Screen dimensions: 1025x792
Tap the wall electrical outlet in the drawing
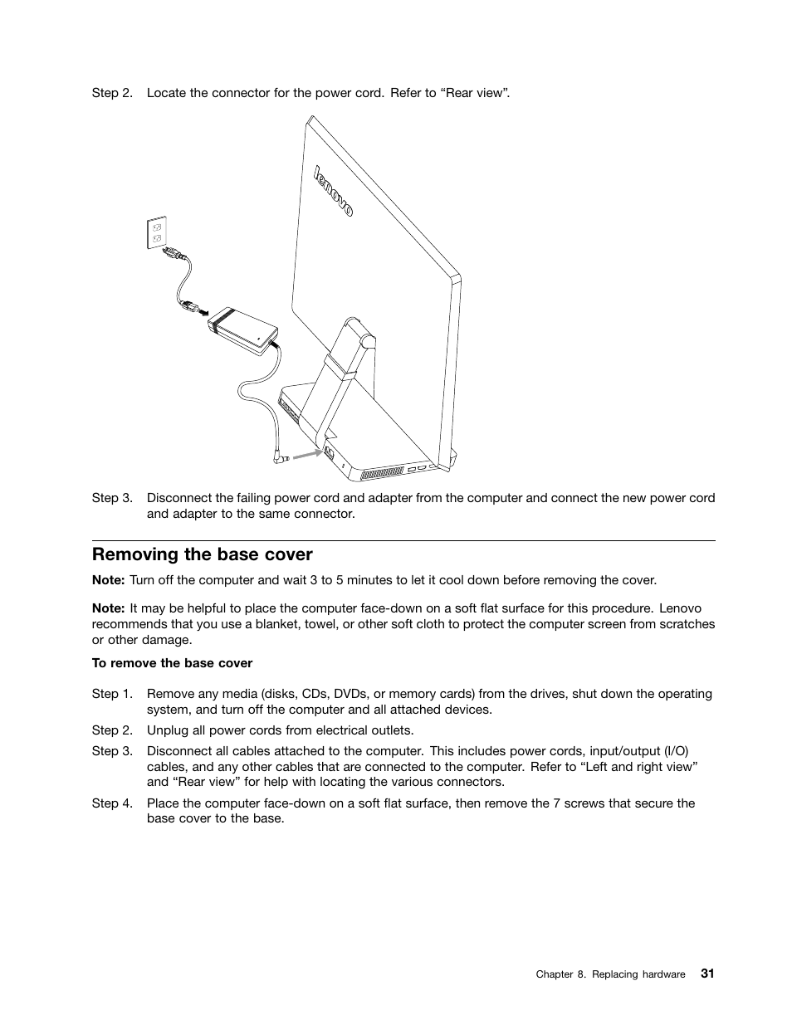(x=157, y=232)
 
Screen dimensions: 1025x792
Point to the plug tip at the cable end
(x=282, y=457)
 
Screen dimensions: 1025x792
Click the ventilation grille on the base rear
(x=381, y=473)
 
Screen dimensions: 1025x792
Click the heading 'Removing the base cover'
(x=202, y=554)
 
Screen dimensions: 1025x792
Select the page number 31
(x=706, y=974)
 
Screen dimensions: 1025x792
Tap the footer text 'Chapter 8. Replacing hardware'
(x=610, y=974)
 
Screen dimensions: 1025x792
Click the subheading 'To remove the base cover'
(x=172, y=663)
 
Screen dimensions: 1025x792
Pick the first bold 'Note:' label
(x=108, y=580)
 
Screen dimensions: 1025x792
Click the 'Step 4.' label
(x=112, y=803)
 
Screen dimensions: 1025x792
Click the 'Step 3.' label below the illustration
(x=112, y=498)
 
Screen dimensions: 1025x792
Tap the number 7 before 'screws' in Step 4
(x=556, y=803)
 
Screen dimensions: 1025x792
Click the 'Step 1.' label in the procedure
(x=112, y=694)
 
